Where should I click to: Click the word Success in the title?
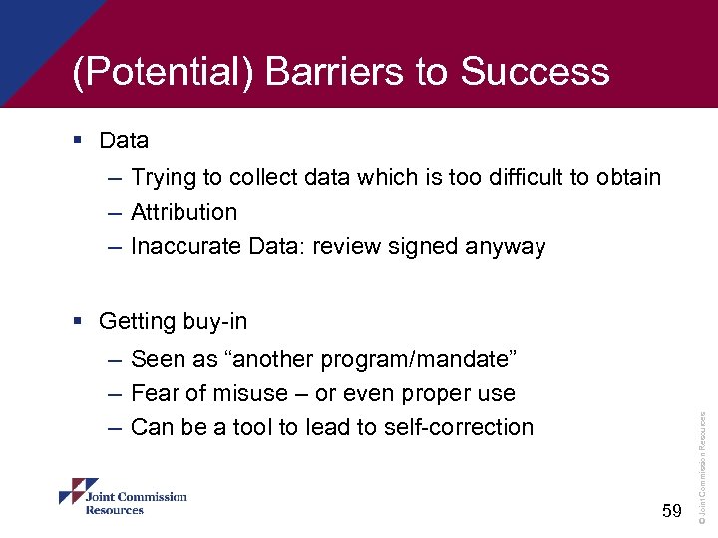click(535, 72)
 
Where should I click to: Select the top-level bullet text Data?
click(124, 140)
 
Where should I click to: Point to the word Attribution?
click(183, 212)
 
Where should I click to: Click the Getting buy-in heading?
click(173, 321)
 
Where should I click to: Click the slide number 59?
click(671, 511)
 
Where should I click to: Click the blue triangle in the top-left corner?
click(40, 35)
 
